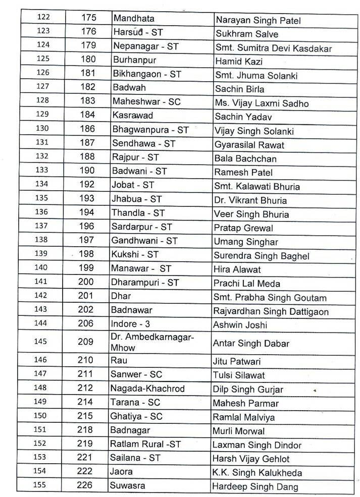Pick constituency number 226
click(x=86, y=486)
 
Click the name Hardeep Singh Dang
click(x=255, y=486)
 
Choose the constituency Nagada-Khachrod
click(x=149, y=389)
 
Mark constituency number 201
click(x=86, y=297)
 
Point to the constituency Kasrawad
click(x=132, y=116)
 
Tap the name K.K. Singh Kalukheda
click(x=256, y=472)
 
